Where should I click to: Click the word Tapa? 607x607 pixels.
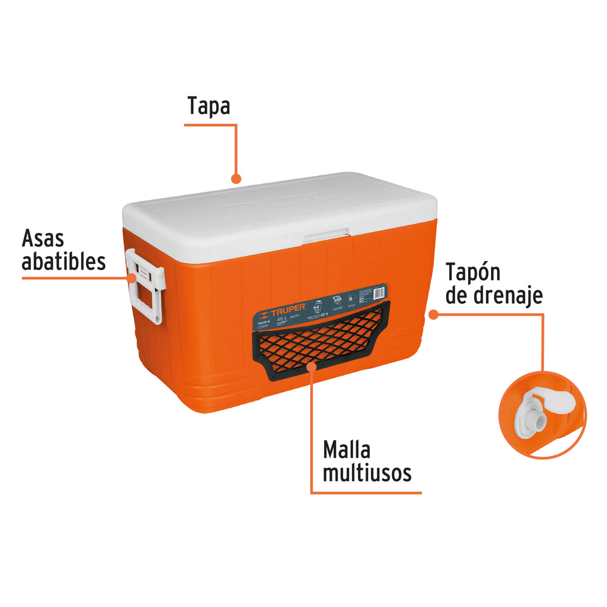(209, 106)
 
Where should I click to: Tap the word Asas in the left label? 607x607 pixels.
(42, 239)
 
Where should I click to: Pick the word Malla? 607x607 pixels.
(347, 450)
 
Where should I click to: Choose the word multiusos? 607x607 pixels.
(367, 473)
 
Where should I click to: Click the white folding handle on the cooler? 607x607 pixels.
(146, 285)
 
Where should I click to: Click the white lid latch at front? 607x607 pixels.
(327, 236)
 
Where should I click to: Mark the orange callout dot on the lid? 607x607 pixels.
(236, 178)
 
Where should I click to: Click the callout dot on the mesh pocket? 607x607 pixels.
(311, 366)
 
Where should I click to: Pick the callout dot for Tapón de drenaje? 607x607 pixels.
(433, 314)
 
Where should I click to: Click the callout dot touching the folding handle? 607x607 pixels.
(132, 277)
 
